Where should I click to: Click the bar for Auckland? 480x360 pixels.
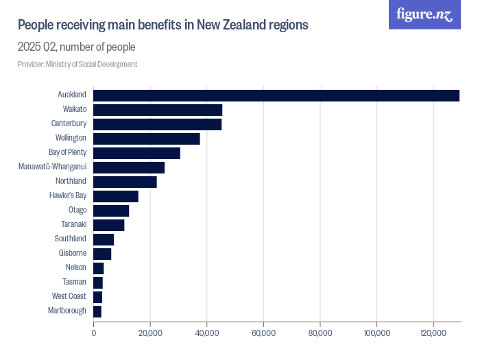276,95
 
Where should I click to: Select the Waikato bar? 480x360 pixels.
158,110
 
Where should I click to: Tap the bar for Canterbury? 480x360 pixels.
157,124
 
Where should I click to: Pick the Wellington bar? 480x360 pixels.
147,139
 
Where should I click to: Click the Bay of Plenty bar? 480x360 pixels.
136,153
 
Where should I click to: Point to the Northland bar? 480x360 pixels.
125,182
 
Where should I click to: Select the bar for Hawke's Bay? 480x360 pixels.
116,196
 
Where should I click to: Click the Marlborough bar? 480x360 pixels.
97,311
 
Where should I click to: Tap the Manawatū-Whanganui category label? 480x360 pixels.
52,167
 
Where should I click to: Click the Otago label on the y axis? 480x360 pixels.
77,210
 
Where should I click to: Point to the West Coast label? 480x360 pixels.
69,296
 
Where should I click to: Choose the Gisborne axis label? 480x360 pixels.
73,253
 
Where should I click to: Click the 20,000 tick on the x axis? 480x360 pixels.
150,333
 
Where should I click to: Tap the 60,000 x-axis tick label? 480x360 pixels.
263,333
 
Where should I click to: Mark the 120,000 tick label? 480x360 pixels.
433,333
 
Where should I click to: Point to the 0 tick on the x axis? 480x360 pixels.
94,333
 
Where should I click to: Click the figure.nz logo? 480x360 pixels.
424,14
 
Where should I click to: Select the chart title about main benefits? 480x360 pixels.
163,25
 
